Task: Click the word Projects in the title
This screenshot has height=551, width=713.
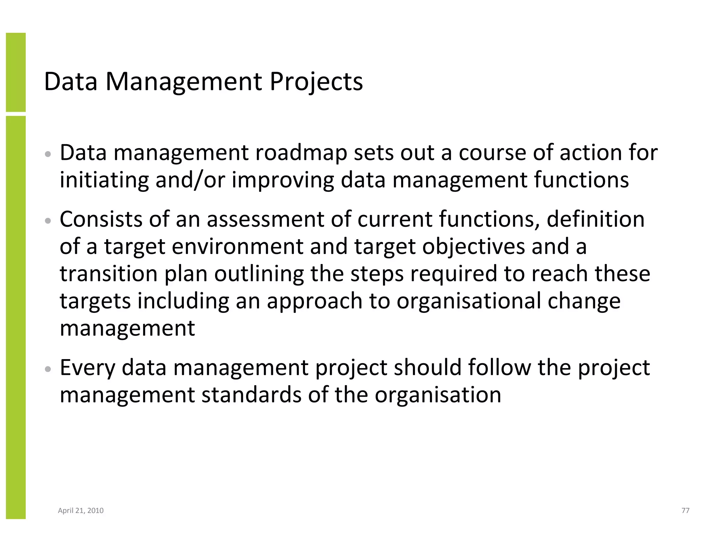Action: pos(316,82)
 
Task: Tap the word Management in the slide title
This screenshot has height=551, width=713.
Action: pos(184,82)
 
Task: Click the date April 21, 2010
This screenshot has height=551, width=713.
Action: pos(81,511)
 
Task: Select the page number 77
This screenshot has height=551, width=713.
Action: pos(685,511)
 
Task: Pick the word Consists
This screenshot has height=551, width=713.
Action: pos(101,219)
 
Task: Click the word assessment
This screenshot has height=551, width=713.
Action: pos(265,219)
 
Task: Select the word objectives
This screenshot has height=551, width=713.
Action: pos(473,247)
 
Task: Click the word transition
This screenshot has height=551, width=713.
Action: pos(109,274)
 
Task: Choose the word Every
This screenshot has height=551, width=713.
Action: pos(87,368)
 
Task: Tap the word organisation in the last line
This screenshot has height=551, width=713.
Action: pos(438,395)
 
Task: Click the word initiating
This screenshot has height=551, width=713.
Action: pos(104,180)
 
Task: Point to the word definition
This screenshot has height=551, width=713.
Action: pos(595,219)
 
